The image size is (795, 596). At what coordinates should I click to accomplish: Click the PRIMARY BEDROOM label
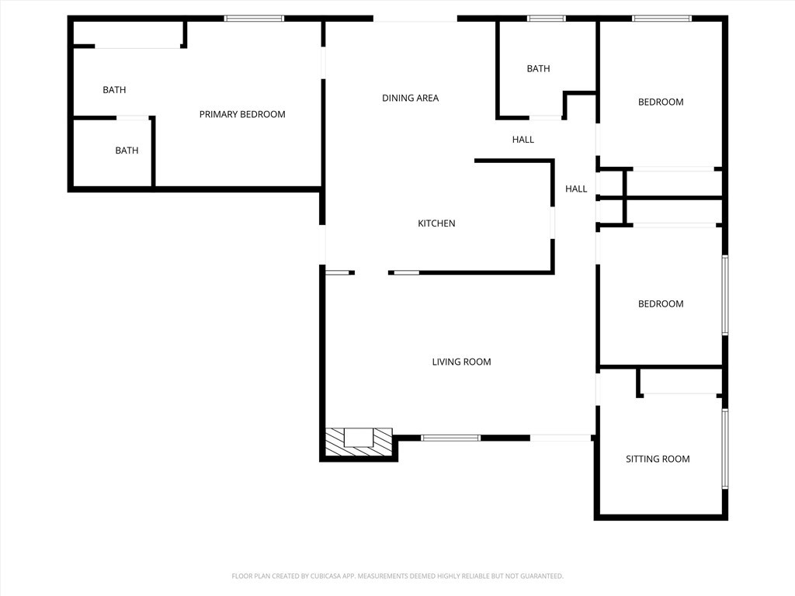click(x=242, y=115)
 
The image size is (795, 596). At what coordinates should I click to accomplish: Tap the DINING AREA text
click(x=410, y=99)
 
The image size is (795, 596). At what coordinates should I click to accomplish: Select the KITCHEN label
click(x=436, y=223)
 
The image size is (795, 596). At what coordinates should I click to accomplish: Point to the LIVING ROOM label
click(x=461, y=362)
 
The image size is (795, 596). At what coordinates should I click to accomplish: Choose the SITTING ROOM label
click(x=658, y=459)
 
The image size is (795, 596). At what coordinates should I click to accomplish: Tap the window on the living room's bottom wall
click(x=451, y=438)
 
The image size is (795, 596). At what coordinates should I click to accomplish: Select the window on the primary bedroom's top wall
click(x=254, y=19)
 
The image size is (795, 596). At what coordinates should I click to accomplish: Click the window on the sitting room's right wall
click(x=725, y=449)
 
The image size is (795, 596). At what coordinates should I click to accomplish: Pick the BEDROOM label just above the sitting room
click(x=661, y=304)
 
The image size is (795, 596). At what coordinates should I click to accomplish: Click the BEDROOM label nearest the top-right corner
click(x=661, y=102)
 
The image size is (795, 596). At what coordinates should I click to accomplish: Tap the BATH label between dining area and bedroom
click(x=538, y=69)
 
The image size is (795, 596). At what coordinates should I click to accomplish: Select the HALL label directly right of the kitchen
click(x=576, y=189)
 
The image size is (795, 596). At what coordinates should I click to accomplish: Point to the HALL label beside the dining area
click(x=522, y=140)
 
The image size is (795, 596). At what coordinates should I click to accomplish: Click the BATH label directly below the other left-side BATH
click(x=127, y=151)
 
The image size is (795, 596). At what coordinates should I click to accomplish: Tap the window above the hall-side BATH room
click(x=546, y=19)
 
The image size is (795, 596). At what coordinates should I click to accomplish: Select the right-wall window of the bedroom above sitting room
click(x=725, y=295)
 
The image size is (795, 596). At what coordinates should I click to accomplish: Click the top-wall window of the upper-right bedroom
click(x=661, y=19)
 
